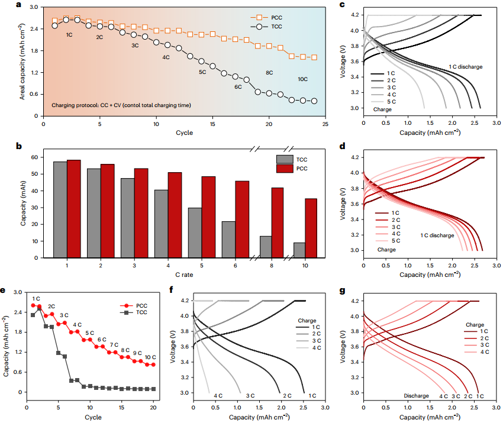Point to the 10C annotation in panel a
coord(302,79)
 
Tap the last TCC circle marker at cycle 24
coord(314,101)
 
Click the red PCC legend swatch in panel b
coord(285,169)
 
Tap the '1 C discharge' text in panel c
coord(465,67)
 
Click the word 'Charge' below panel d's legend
coord(386,250)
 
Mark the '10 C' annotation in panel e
coord(150,357)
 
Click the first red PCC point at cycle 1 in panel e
coord(33,305)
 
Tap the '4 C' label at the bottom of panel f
coord(218,395)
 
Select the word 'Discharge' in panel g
coord(417,395)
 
